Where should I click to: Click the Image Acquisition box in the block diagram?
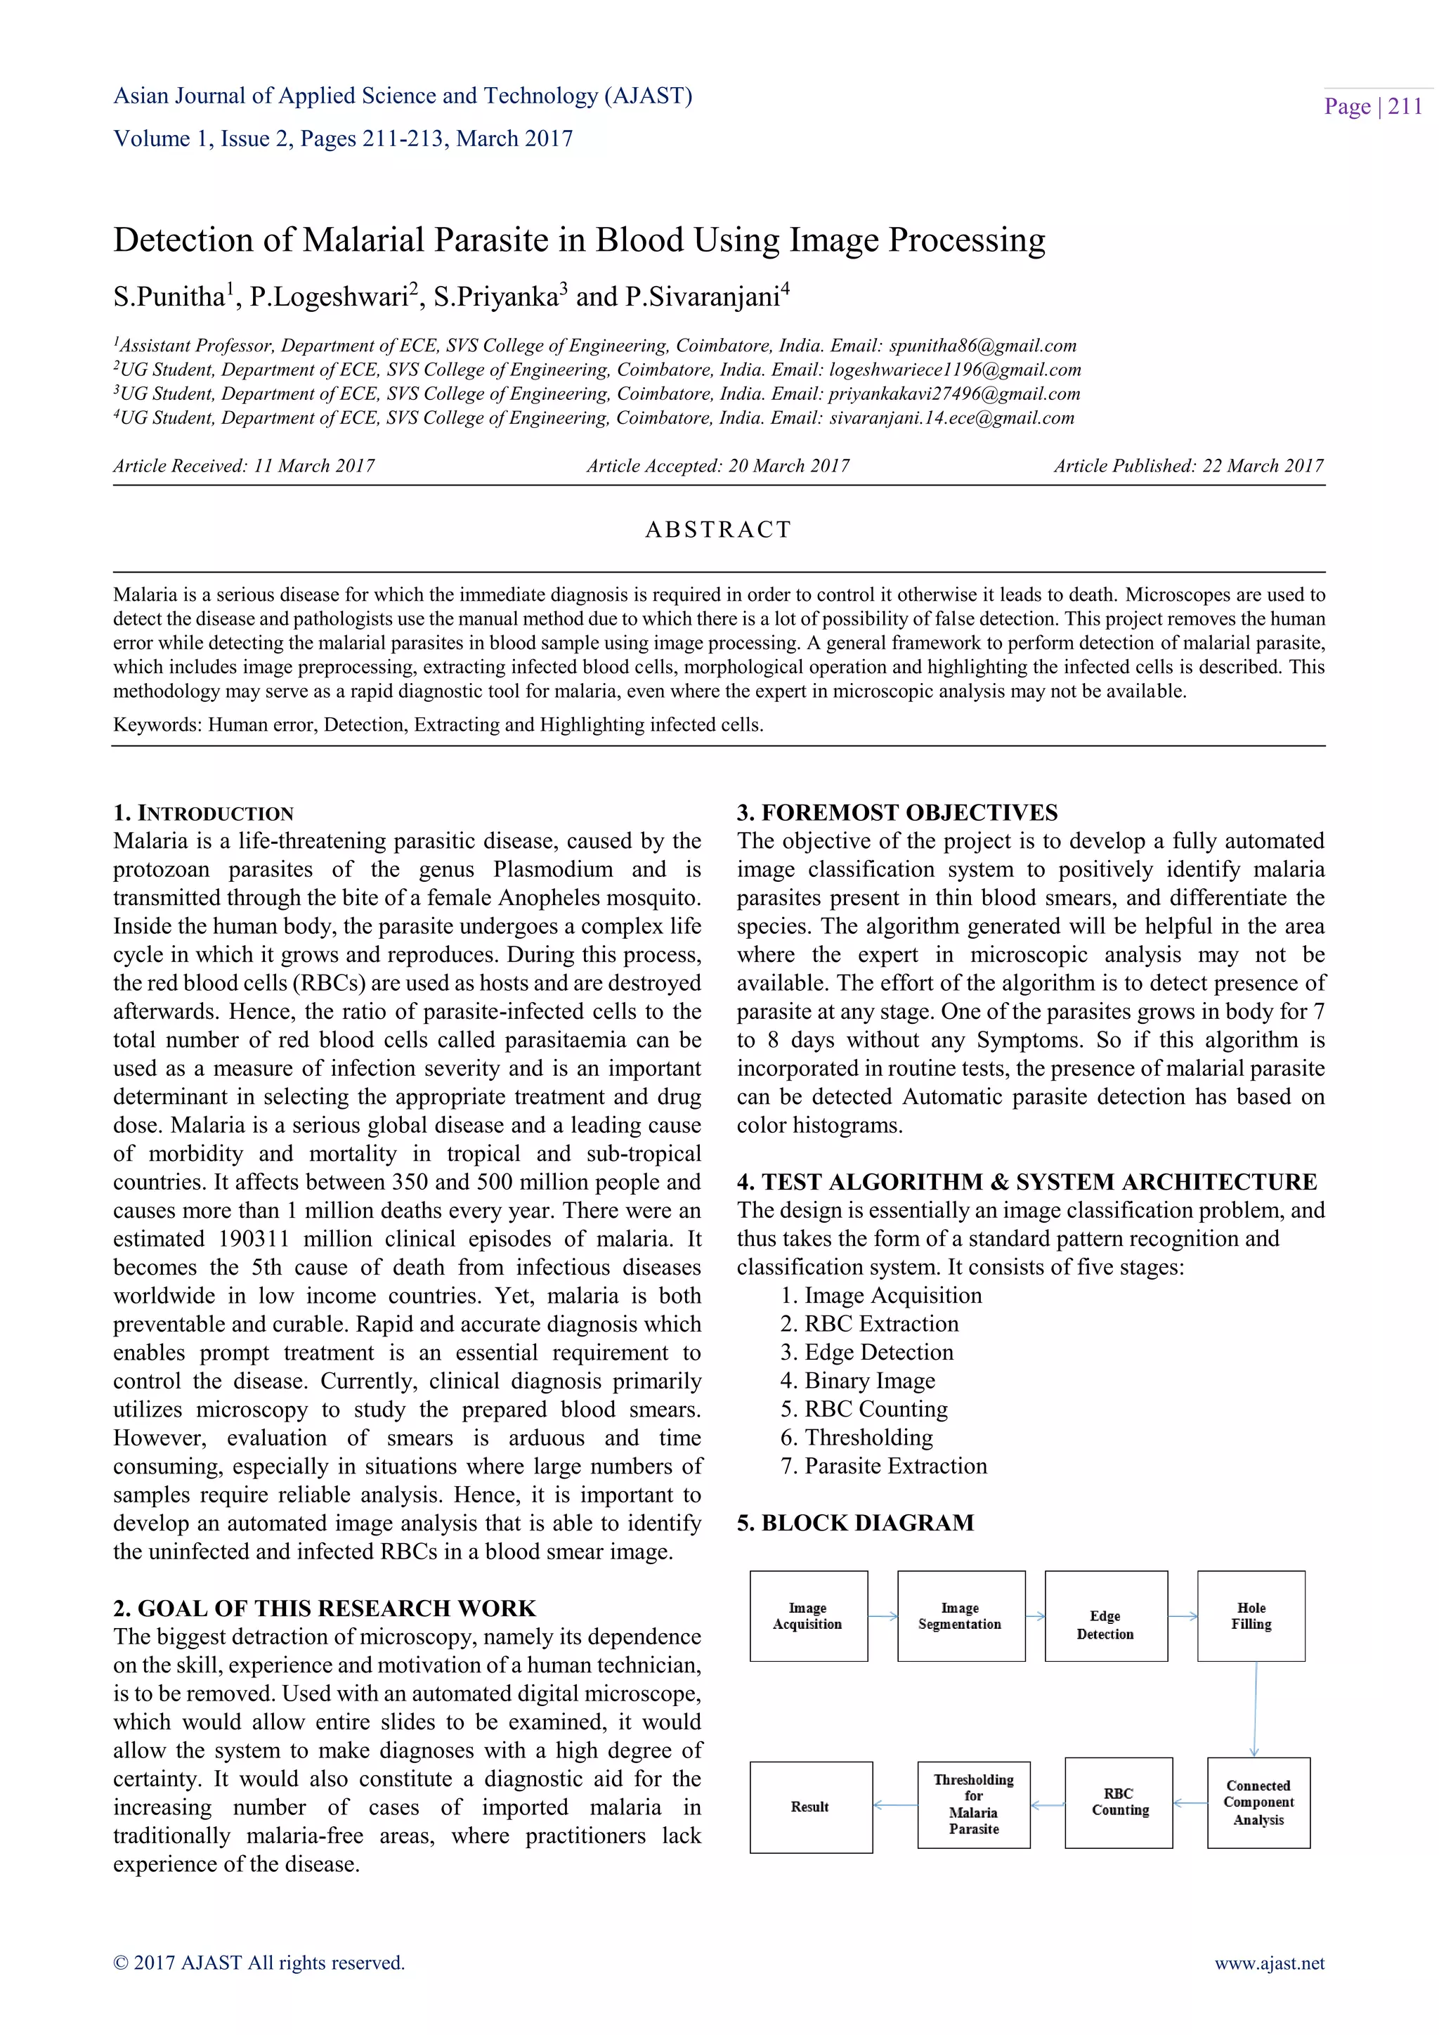coord(808,1615)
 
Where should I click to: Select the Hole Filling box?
coord(1250,1615)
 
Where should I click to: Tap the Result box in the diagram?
coord(810,1807)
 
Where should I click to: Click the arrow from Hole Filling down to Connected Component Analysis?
coord(1255,1709)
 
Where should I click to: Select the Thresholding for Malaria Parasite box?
coord(973,1805)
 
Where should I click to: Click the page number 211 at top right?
coord(1405,106)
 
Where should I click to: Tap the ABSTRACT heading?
coord(717,530)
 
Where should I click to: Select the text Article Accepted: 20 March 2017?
coord(717,466)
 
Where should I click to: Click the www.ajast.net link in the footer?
coord(1269,1963)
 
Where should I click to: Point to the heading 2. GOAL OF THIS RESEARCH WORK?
coord(325,1608)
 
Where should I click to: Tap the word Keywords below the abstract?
coord(156,725)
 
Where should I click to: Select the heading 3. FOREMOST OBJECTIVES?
coord(897,813)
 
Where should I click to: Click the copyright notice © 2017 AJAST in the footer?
coord(259,1963)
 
